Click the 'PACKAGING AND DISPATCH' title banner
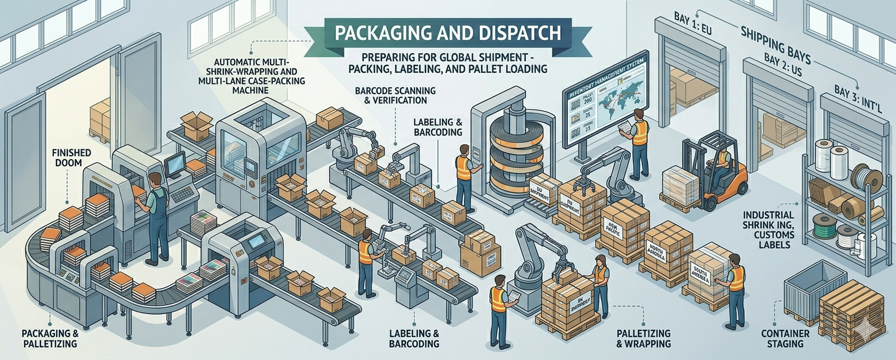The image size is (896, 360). coord(447,32)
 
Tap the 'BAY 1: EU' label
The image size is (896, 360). coord(692,24)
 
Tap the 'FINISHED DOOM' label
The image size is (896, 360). coord(71,157)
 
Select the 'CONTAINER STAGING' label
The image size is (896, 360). coord(785,338)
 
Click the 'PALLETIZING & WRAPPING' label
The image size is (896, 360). coord(643,338)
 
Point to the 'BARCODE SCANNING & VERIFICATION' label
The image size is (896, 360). coord(395,95)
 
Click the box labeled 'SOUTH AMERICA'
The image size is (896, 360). coord(700,274)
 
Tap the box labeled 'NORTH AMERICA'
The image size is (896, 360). coord(656,252)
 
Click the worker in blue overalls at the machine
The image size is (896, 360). coord(157,216)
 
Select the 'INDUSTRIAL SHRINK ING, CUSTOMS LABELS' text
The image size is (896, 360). coord(768,230)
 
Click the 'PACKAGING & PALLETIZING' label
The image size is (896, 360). coord(50,338)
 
